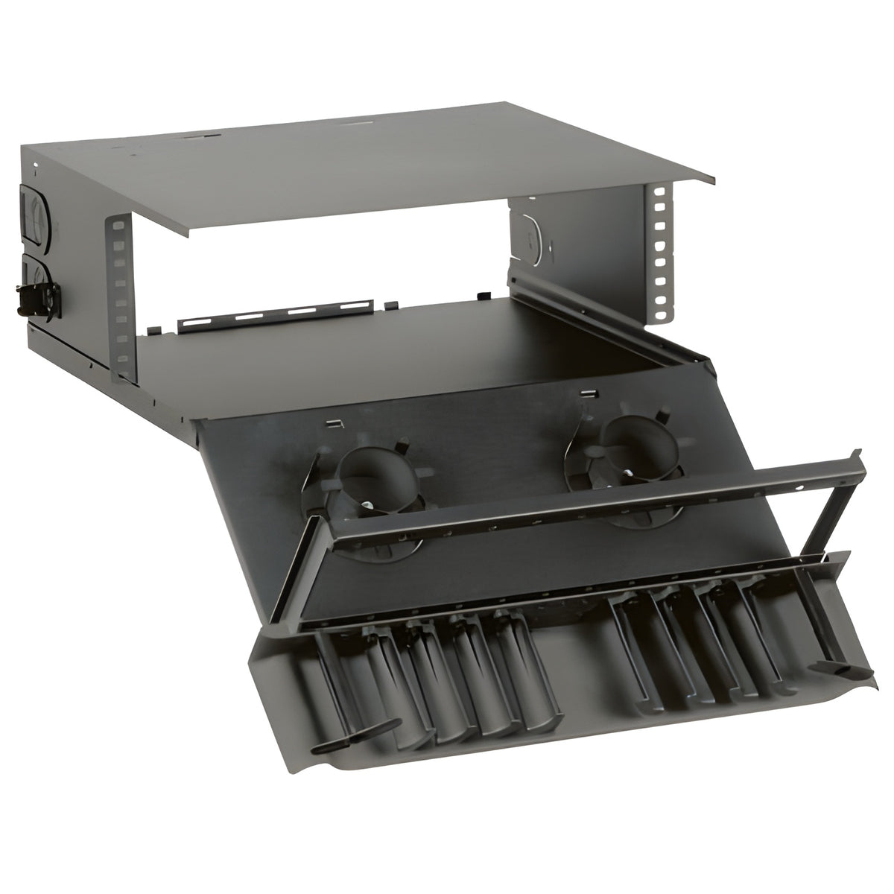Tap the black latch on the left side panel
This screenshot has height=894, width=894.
[x=31, y=298]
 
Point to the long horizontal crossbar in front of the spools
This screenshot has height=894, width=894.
[x=596, y=495]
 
